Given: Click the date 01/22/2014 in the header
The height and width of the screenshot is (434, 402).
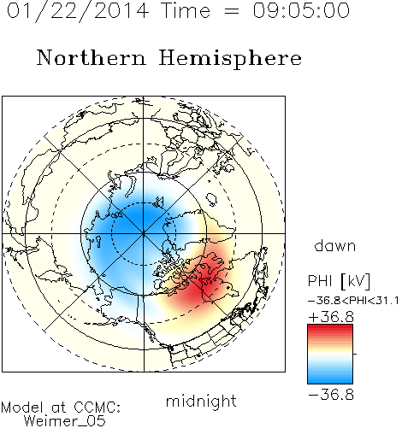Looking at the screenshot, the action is pos(78,11).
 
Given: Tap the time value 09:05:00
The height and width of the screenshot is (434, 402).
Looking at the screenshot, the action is pos(301,11).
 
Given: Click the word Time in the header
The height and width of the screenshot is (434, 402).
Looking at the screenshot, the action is pos(186,11).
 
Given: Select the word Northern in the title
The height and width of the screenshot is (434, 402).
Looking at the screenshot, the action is pos(92,58).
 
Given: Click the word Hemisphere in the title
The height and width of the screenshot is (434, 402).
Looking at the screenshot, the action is pos(230,59).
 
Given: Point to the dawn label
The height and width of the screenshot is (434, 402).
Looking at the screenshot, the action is pos(335,245).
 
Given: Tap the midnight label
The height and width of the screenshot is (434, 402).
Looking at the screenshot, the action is pos(201,402).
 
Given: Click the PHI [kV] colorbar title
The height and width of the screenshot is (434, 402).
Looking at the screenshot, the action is pos(339,281).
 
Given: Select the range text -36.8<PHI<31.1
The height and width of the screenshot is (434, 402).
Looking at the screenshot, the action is pos(353,301).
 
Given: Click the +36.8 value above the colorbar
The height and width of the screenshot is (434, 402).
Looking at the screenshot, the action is pos(331,317).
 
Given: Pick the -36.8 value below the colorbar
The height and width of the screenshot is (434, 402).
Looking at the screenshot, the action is pos(331,395).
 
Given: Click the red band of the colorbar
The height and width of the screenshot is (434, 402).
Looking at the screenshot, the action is pos(330,331).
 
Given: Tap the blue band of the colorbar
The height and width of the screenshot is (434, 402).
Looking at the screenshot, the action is pos(330,376).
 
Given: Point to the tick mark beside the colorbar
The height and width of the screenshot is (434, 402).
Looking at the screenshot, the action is pos(355,354).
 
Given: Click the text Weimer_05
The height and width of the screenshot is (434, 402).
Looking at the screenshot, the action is pos(64,421).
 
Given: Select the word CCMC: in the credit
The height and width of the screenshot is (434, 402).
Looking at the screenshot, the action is pos(97,408).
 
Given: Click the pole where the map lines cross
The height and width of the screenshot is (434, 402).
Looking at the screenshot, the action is pos(144,233).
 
